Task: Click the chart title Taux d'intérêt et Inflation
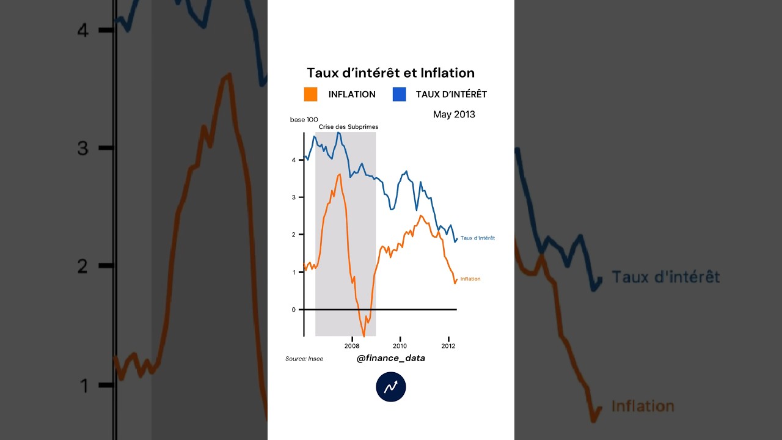pyautogui.click(x=390, y=73)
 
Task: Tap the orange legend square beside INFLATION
pyautogui.click(x=310, y=94)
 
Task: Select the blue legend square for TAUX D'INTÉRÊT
pyautogui.click(x=399, y=94)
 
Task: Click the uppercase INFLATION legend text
pyautogui.click(x=352, y=94)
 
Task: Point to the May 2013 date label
pyautogui.click(x=454, y=114)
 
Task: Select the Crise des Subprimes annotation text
pyautogui.click(x=348, y=127)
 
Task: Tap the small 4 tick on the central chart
pyautogui.click(x=294, y=160)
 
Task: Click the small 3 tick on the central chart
pyautogui.click(x=294, y=197)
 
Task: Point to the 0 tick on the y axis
pyautogui.click(x=294, y=310)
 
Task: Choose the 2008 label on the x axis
pyautogui.click(x=352, y=346)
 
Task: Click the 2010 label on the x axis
pyautogui.click(x=400, y=346)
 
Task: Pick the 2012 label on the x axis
pyautogui.click(x=448, y=346)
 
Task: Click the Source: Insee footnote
pyautogui.click(x=304, y=359)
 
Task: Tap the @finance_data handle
pyautogui.click(x=391, y=358)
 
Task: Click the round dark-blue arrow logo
pyautogui.click(x=391, y=387)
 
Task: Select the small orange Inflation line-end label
pyautogui.click(x=470, y=279)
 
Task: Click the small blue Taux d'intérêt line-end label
pyautogui.click(x=478, y=238)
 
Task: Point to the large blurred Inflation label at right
pyautogui.click(x=643, y=406)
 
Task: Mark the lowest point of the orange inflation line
pyautogui.click(x=364, y=336)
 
